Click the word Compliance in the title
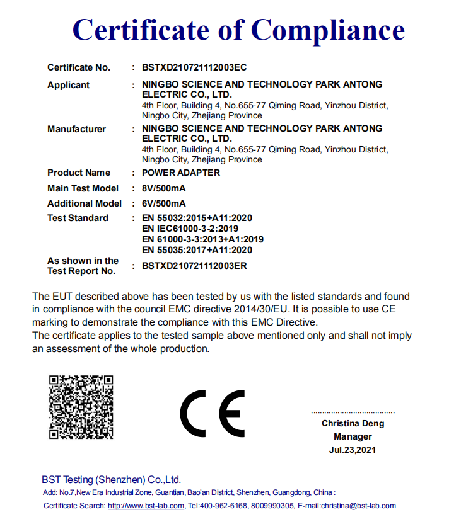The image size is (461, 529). [x=328, y=30]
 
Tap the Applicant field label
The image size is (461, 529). [x=68, y=85]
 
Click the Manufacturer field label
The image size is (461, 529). [x=76, y=129]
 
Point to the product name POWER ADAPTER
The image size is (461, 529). [x=181, y=173]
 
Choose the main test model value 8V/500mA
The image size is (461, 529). [x=164, y=188]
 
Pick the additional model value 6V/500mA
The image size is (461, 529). [x=164, y=203]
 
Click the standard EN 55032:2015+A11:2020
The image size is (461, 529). [x=197, y=218]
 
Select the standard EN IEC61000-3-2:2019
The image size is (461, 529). [x=190, y=229]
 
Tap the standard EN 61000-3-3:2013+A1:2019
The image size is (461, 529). [x=202, y=239]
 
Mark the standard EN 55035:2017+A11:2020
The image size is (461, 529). [x=197, y=250]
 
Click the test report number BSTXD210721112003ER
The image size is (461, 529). [x=194, y=266]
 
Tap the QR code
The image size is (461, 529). [x=81, y=407]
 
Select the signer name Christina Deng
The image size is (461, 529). [x=353, y=423]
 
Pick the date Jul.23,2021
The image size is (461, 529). [x=353, y=450]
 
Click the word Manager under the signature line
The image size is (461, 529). [x=353, y=436]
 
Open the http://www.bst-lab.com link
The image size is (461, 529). [x=146, y=506]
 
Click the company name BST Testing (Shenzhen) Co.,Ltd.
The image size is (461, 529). [x=112, y=479]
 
